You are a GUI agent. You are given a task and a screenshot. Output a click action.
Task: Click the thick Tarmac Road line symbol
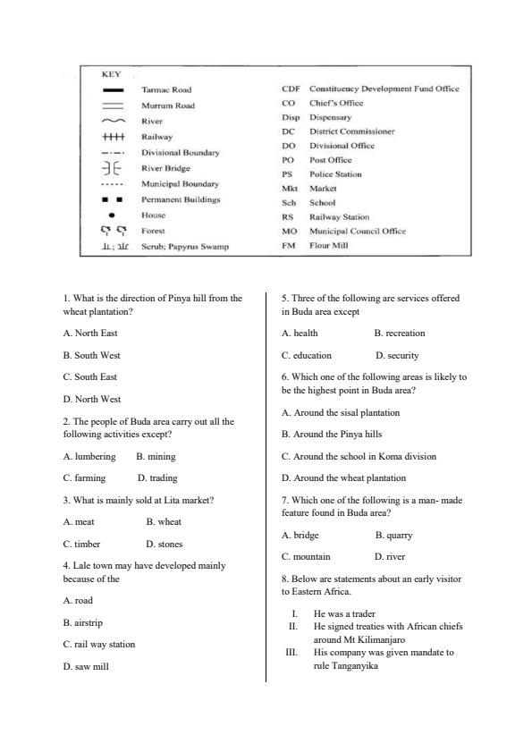point(113,90)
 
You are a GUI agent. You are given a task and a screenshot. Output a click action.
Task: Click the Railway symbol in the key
point(113,137)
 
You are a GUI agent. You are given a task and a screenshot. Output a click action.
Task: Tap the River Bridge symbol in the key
point(113,167)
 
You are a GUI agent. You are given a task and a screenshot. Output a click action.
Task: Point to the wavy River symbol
point(113,121)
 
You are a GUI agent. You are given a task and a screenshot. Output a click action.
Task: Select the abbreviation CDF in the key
point(290,89)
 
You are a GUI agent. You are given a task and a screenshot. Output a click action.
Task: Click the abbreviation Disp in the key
point(291,117)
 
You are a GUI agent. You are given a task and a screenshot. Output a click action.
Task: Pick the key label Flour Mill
point(332,244)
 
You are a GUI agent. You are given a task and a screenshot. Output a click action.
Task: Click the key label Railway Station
point(339,216)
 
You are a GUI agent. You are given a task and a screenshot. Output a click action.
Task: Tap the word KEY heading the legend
point(111,74)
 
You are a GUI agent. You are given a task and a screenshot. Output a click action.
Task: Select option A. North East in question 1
point(90,334)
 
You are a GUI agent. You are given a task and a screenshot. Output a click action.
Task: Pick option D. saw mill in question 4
point(86,666)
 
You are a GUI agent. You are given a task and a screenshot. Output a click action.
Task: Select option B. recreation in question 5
point(399,334)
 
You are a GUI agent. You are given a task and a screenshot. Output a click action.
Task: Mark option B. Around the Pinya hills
point(332,435)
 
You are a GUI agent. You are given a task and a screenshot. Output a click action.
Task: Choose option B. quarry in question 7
point(393,535)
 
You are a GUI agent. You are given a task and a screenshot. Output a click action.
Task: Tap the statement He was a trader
point(344,614)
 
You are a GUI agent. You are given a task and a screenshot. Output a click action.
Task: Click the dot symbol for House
point(111,215)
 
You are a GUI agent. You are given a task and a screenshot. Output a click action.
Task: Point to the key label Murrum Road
point(168,106)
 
